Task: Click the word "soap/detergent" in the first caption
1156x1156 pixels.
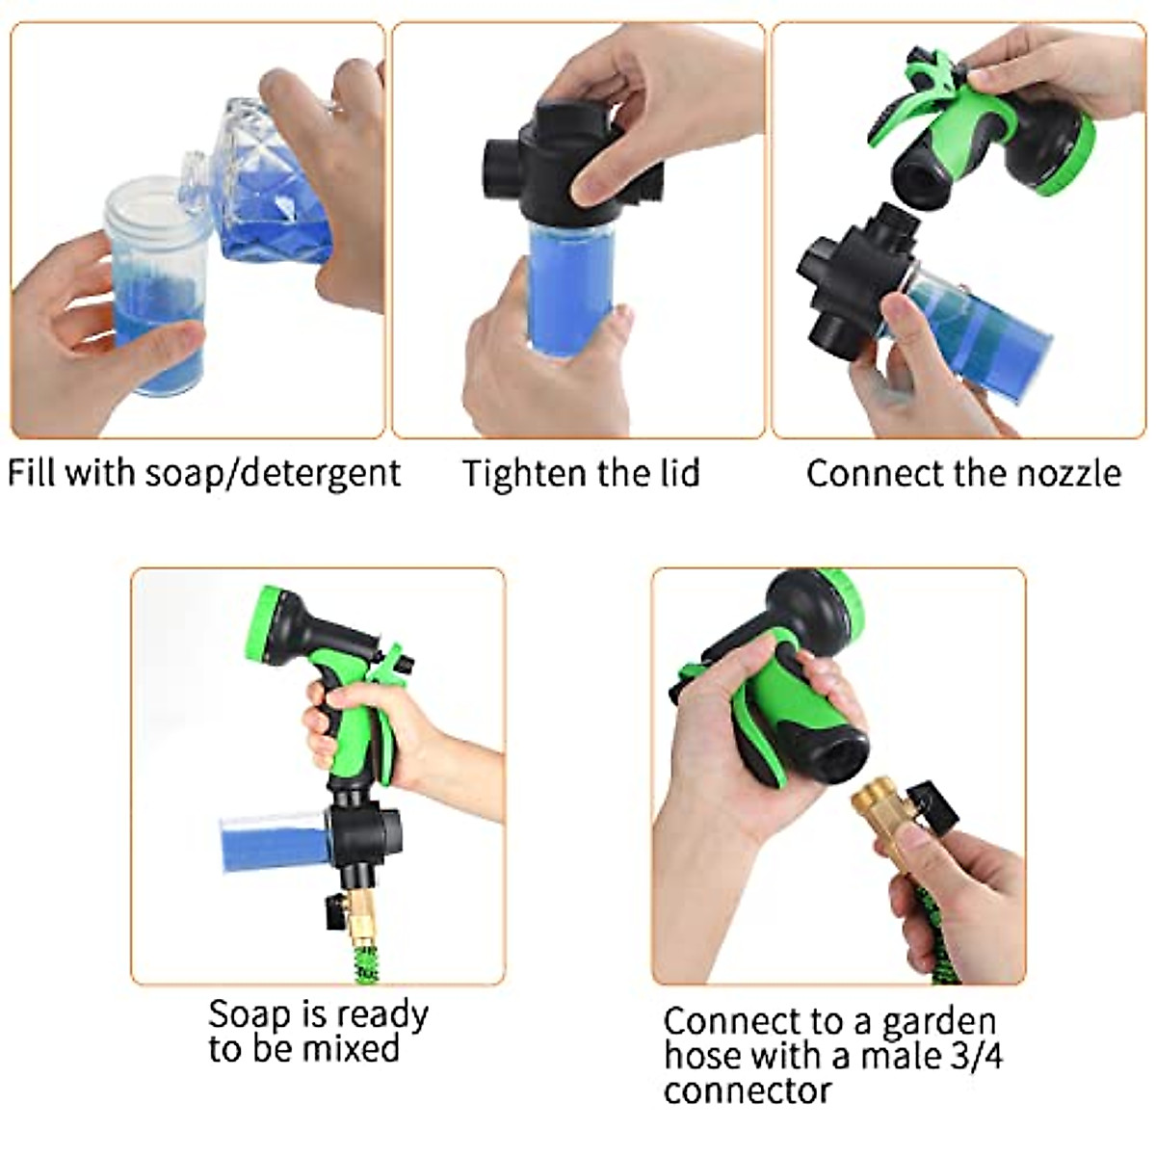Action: pyautogui.click(x=273, y=474)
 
